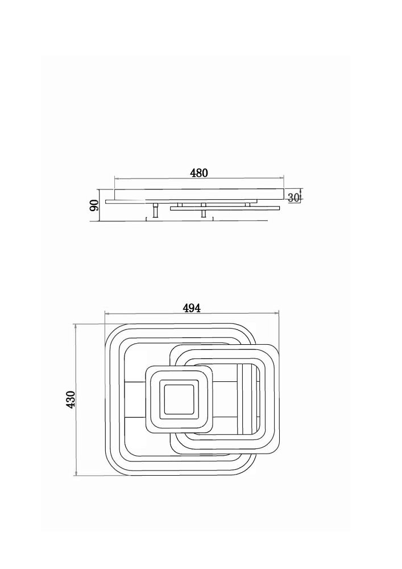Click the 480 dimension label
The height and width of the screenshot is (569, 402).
[x=199, y=173]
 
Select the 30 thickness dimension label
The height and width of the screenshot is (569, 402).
[x=293, y=198]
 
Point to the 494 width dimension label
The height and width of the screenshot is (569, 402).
[x=192, y=308]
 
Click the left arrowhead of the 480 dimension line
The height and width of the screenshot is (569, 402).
[x=117, y=178]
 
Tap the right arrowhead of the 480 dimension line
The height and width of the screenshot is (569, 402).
[x=281, y=178]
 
